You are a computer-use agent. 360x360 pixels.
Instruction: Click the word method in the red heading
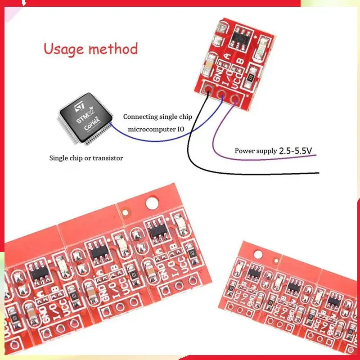pos(114,49)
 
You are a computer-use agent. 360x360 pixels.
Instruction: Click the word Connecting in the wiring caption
pos(140,117)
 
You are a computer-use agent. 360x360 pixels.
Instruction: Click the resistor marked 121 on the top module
pos(250,78)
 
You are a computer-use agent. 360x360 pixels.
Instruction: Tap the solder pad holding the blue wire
pos(222,94)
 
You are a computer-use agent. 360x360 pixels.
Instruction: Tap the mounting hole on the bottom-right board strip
pos(258,254)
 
